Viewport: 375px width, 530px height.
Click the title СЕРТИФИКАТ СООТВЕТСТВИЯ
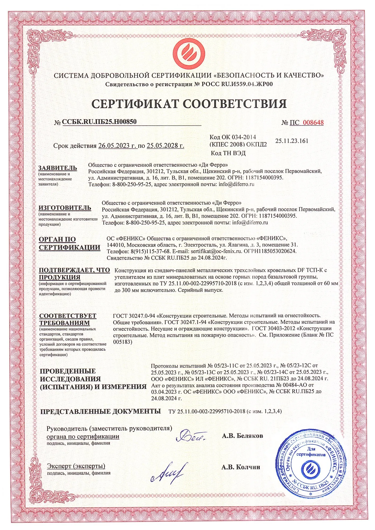(189, 103)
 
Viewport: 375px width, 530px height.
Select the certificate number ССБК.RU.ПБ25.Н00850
(99, 122)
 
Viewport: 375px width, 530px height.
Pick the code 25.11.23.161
(292, 141)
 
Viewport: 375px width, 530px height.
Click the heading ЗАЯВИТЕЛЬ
(58, 168)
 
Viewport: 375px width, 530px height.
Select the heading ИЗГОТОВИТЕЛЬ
(65, 208)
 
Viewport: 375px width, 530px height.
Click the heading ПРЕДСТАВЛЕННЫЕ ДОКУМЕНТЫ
(101, 411)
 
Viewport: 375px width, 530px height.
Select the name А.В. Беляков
(242, 436)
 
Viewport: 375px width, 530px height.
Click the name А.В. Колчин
(241, 467)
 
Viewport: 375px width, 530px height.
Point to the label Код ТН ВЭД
(228, 153)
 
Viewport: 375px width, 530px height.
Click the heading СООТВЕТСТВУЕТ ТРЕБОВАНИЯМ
(68, 319)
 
